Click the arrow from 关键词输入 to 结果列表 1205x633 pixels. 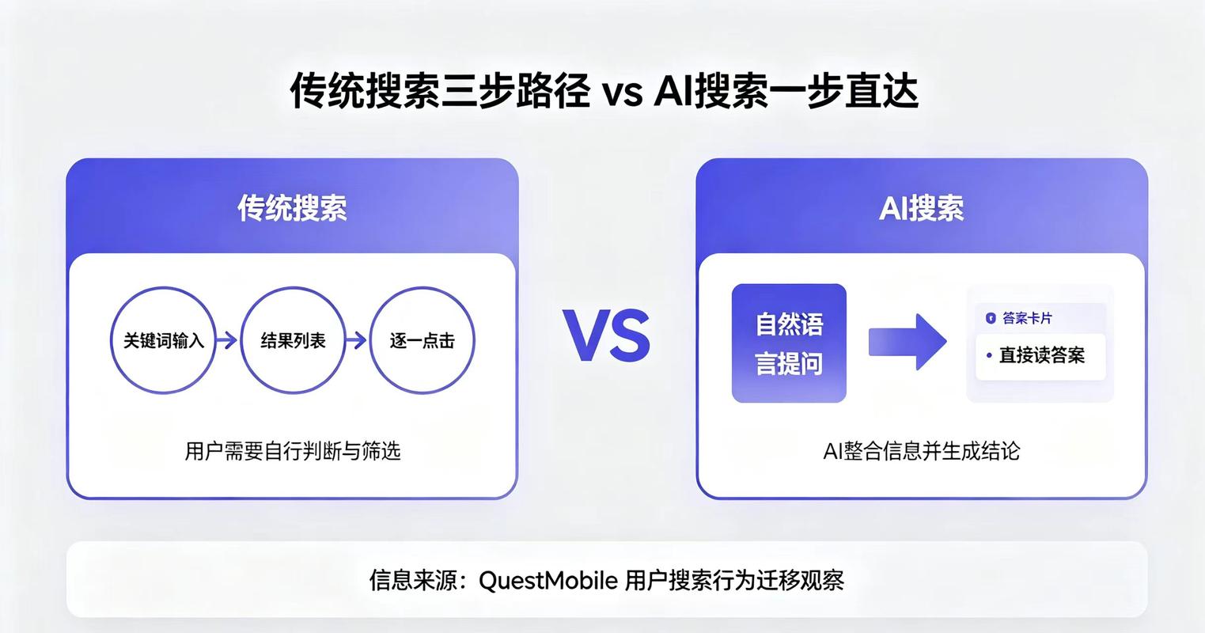click(x=226, y=340)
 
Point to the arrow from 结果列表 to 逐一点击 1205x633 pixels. click(x=356, y=340)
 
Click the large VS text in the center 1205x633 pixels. click(x=606, y=335)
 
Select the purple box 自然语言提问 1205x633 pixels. click(x=789, y=343)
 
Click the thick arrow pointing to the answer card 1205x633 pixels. click(x=908, y=342)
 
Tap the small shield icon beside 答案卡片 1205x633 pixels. click(x=991, y=318)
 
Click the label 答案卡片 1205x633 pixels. click(x=1027, y=318)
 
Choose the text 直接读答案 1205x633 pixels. click(x=1041, y=355)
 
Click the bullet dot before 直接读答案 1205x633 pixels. click(x=989, y=355)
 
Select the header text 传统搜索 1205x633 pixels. click(x=292, y=208)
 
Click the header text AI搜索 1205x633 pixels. click(x=921, y=208)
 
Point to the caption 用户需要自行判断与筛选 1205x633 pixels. click(x=293, y=451)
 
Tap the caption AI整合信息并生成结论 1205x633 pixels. click(x=921, y=451)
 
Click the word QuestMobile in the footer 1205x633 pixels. click(x=548, y=581)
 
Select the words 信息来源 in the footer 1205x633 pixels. click(x=412, y=581)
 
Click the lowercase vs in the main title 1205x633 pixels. click(x=622, y=93)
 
